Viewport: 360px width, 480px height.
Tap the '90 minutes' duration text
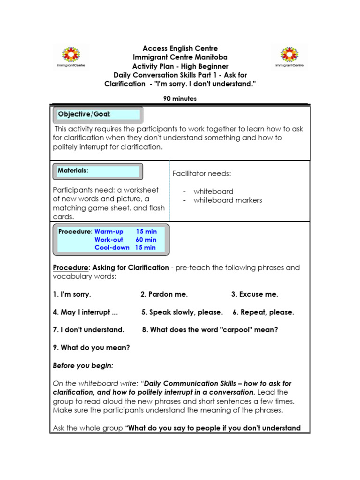tap(180, 98)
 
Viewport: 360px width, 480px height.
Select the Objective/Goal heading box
tap(98, 115)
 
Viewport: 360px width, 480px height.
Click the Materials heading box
tap(98, 171)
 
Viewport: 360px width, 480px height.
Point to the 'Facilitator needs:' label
tap(202, 174)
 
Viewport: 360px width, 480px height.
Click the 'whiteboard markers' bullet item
tap(227, 200)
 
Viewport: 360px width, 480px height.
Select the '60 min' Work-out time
tap(146, 240)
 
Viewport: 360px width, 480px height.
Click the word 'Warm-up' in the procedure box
tap(109, 232)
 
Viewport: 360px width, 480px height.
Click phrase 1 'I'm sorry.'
tap(72, 294)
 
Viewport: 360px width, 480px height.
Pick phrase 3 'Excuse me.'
tap(255, 294)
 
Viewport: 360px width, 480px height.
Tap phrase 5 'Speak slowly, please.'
tap(182, 312)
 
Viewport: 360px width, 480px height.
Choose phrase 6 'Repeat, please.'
tap(263, 312)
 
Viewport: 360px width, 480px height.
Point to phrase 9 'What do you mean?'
tap(91, 347)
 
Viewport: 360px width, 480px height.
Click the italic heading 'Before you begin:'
tap(83, 365)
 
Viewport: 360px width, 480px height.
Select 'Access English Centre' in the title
tap(180, 48)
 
